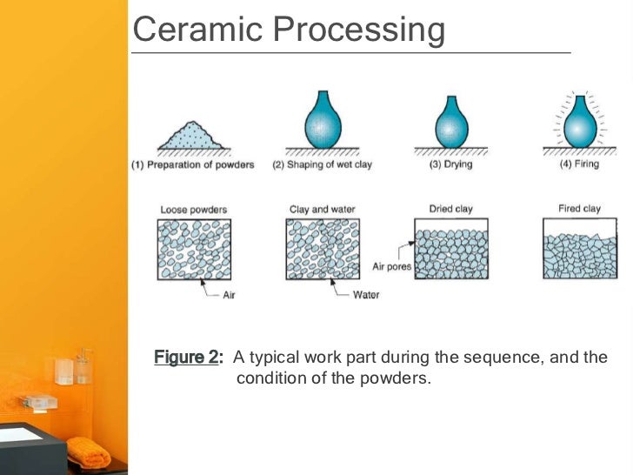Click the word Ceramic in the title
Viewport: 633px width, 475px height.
[x=184, y=30]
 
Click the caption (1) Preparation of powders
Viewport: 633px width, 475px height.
[x=193, y=164]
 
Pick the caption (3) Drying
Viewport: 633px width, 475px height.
[x=450, y=164]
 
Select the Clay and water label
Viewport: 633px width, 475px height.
[x=323, y=210]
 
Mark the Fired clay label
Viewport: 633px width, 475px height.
[x=580, y=209]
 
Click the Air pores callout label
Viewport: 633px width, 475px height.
[x=391, y=267]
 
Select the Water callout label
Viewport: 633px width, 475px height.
[x=366, y=295]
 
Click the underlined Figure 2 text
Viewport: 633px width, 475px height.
[x=188, y=358]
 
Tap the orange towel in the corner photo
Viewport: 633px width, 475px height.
[x=91, y=451]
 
